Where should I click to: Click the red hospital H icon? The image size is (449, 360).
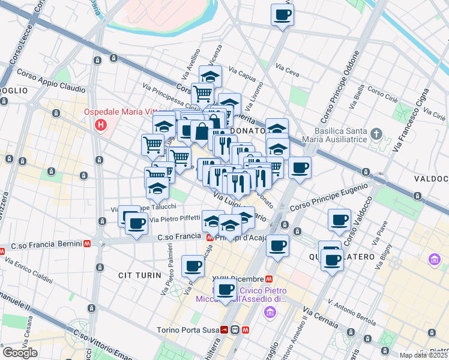tap(101, 125)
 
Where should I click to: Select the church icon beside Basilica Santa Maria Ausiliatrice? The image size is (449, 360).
tap(376, 133)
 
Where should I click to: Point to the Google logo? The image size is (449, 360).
tap(20, 353)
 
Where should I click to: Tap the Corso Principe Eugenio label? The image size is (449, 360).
tap(328, 198)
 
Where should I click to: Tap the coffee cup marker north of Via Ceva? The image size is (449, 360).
tap(282, 15)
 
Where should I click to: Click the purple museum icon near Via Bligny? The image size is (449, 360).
tap(434, 260)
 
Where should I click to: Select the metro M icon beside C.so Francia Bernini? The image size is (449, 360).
tap(88, 245)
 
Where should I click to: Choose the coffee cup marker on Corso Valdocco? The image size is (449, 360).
tap(339, 220)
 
